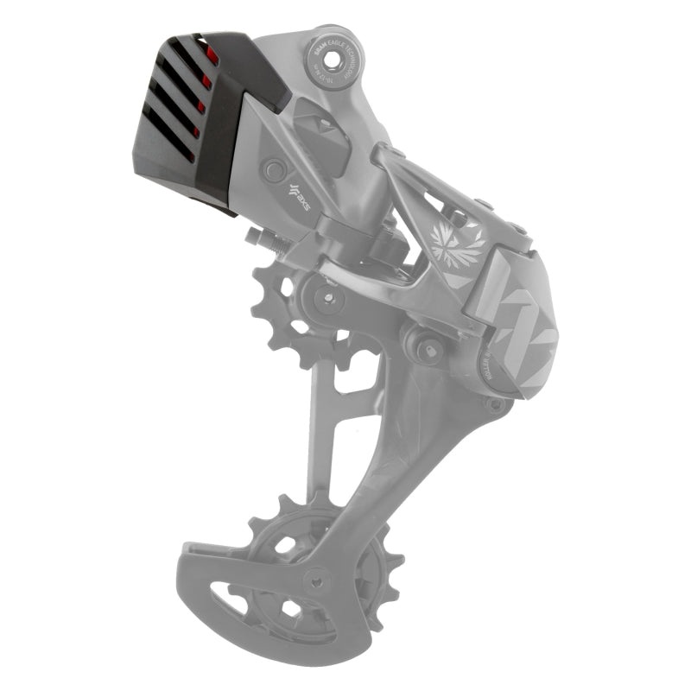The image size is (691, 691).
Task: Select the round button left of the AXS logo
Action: tap(274, 168)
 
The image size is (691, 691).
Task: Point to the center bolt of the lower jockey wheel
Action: tap(319, 580)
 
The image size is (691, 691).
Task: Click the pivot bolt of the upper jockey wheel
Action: tap(327, 300)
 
